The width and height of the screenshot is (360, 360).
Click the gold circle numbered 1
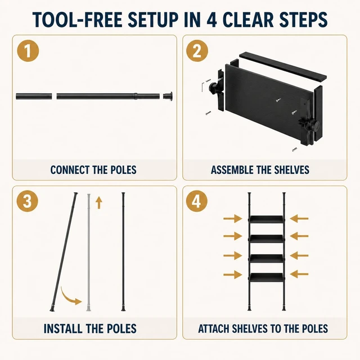(x=28, y=51)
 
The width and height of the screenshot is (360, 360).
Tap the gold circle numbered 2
(x=197, y=51)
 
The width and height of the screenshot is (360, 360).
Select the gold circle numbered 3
(x=28, y=201)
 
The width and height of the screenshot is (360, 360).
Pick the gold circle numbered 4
(x=196, y=201)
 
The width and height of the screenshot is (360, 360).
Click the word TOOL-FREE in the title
(x=78, y=20)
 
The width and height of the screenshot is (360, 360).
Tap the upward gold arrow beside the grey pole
(x=99, y=202)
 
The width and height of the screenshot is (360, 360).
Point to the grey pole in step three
(x=89, y=253)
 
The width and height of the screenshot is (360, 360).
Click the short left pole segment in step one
(x=34, y=96)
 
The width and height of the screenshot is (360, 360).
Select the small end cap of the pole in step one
(x=168, y=96)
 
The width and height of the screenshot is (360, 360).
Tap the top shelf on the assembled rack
(x=267, y=219)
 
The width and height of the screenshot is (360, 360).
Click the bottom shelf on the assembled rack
(x=267, y=277)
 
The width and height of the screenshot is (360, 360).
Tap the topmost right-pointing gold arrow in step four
(x=232, y=219)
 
